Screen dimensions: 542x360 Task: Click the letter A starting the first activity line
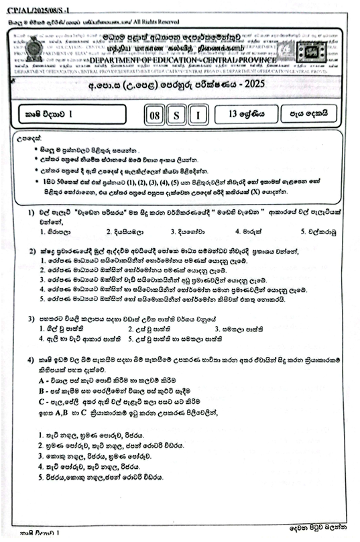coord(42,380)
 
